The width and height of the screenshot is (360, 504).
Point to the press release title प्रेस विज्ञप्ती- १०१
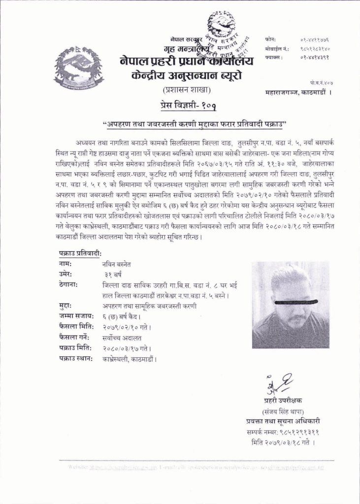[188, 105]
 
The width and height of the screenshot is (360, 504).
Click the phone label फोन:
[270, 39]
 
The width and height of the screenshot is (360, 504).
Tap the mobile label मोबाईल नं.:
[276, 49]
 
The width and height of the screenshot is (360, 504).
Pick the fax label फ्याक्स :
[274, 58]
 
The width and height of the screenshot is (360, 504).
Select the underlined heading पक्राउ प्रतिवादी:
[78, 253]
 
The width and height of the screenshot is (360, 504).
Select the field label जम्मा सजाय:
[75, 316]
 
